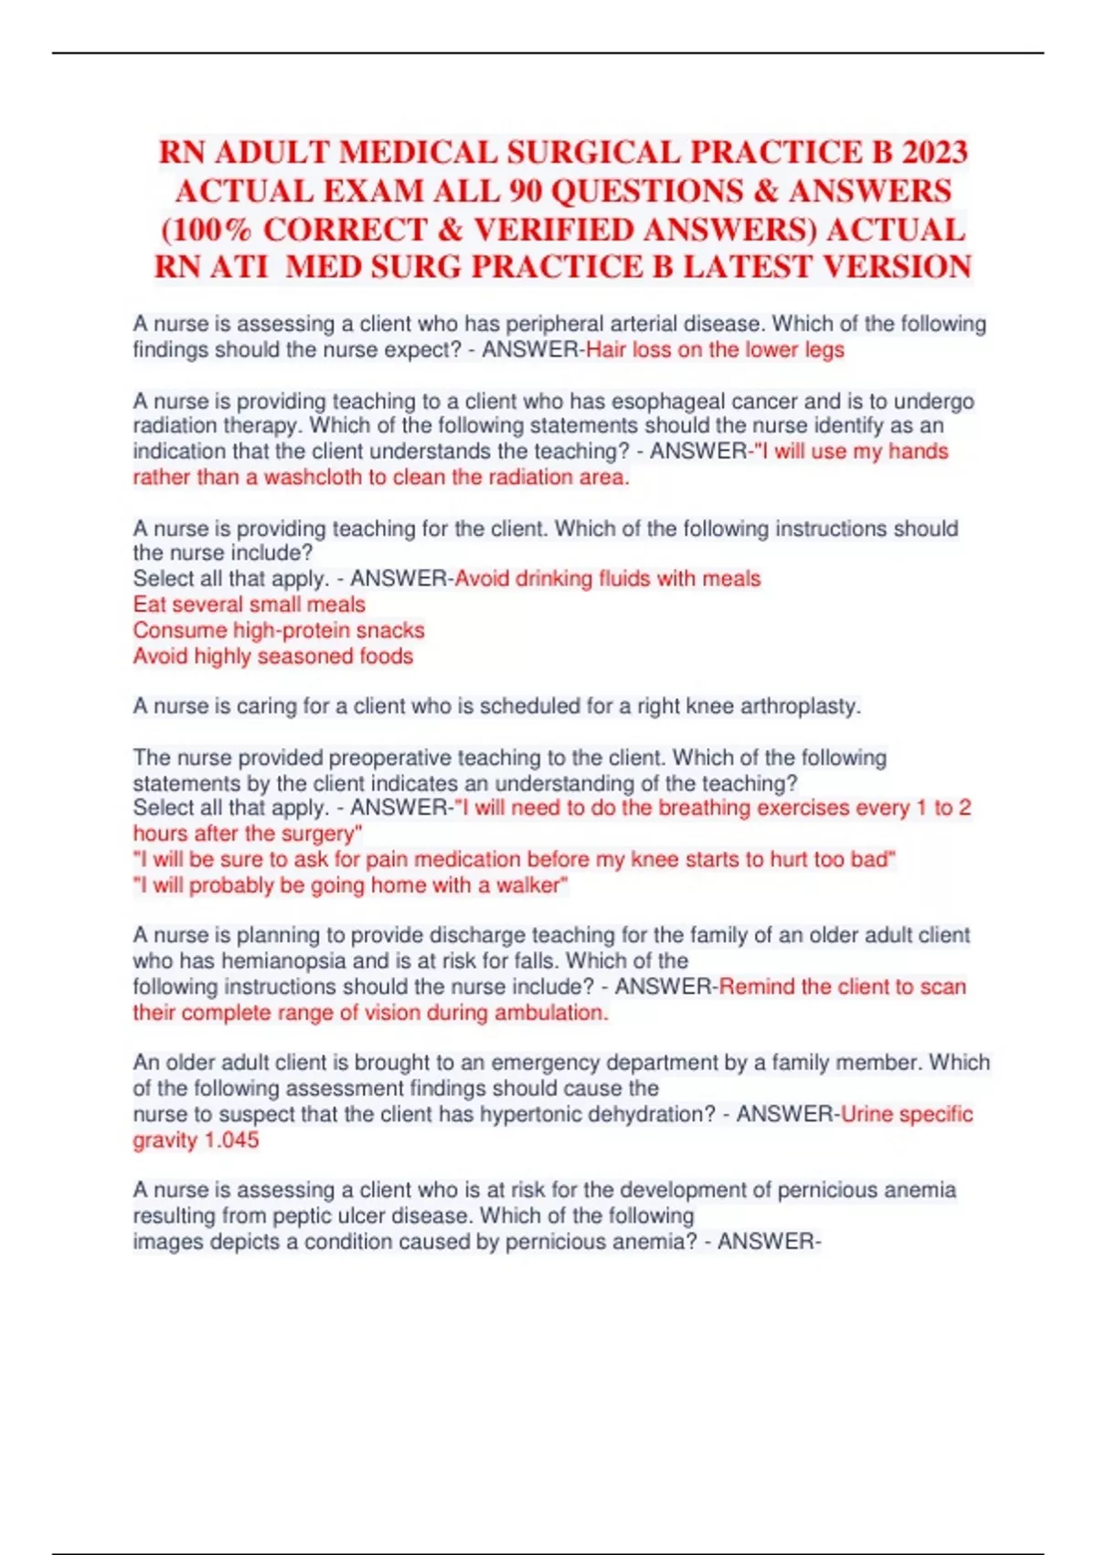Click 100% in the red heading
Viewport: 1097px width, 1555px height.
click(x=206, y=230)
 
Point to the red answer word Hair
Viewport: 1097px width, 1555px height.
click(x=606, y=349)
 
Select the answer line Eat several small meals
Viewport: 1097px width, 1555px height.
click(x=249, y=604)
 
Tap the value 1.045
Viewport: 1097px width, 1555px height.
click(x=231, y=1140)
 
